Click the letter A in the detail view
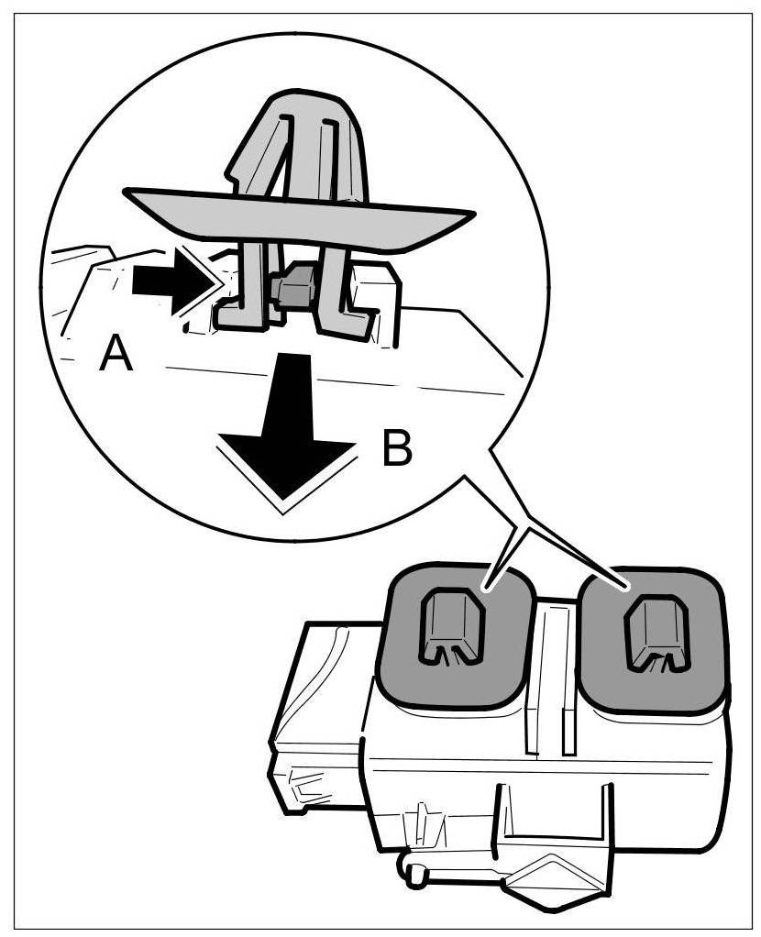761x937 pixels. [x=116, y=353]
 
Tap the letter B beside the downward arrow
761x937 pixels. [x=395, y=449]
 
